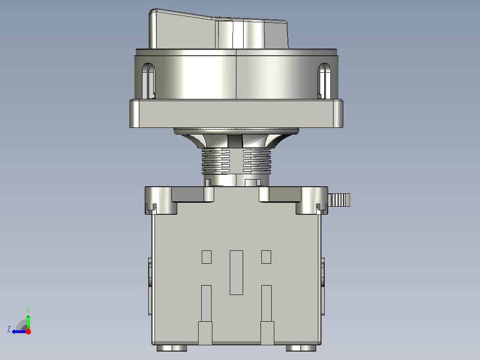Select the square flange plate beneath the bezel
(236, 113)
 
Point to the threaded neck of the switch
(236, 160)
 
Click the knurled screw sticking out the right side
(340, 200)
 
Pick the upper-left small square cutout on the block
(207, 257)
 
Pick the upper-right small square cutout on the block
(266, 257)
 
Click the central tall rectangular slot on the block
(236, 272)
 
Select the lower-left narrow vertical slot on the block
(206, 303)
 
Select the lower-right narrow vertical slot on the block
(266, 303)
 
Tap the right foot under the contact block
(300, 348)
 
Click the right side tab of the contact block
(322, 285)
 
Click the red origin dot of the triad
(28, 331)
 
